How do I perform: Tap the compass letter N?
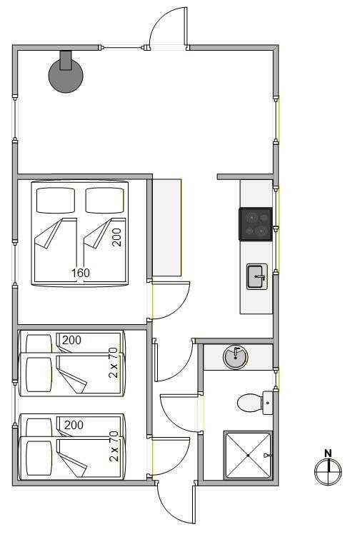coord(328,453)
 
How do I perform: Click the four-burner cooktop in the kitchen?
coord(256,224)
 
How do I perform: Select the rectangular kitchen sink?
coord(257,276)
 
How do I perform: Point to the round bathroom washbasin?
coord(235,357)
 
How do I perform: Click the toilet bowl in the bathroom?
coord(250,403)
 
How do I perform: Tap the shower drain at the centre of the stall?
coord(248,455)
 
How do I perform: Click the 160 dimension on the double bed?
coord(81,273)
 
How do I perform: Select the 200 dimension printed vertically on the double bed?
coord(117,237)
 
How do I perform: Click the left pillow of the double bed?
coord(56,201)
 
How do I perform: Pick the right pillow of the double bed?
coord(104,201)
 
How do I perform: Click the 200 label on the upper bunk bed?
coord(71,340)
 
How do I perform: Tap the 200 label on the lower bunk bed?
coord(74,425)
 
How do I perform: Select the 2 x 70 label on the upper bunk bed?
coord(114,363)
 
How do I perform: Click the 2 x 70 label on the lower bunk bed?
coord(114,446)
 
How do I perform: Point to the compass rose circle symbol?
coord(328,472)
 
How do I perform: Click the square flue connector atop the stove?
coord(66,60)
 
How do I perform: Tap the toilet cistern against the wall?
coord(268,403)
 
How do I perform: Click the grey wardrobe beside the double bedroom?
coord(166,227)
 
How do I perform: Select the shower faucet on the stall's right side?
coord(268,455)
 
